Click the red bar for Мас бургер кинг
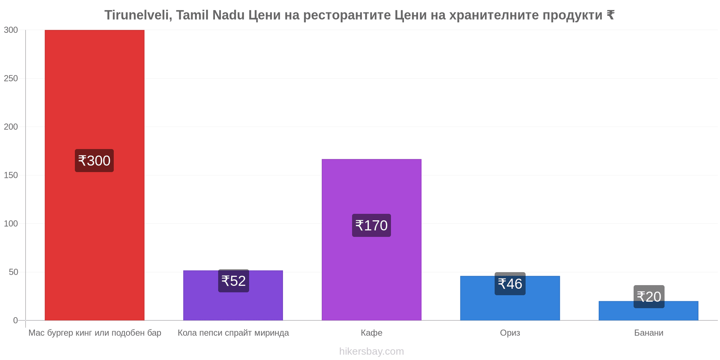click(x=94, y=175)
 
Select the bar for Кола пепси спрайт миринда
click(x=233, y=295)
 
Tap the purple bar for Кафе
click(x=372, y=240)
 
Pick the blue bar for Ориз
click(x=510, y=298)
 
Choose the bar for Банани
click(x=648, y=311)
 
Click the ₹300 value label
click(x=94, y=161)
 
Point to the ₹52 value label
click(x=234, y=281)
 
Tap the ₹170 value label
click(x=372, y=225)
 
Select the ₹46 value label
click(x=510, y=284)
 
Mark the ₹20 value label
click(x=649, y=297)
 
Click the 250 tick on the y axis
click(x=11, y=78)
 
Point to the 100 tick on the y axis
click(x=11, y=224)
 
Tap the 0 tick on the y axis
click(x=15, y=320)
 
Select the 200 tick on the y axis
click(x=11, y=127)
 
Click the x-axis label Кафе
click(x=372, y=333)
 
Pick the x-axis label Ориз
click(x=510, y=333)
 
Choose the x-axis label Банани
click(x=649, y=333)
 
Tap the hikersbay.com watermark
click(x=372, y=351)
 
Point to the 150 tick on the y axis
click(x=11, y=175)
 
